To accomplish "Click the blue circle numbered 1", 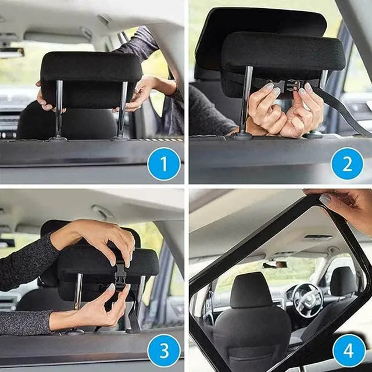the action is tap(164, 164).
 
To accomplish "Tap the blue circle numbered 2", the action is tap(347, 164).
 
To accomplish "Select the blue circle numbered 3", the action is tap(164, 350).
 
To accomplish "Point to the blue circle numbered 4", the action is tap(349, 350).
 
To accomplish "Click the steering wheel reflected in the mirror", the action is tap(307, 300).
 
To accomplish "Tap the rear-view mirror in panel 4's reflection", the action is tap(275, 264).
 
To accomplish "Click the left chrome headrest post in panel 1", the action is tap(59, 110).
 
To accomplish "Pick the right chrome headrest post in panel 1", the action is tap(122, 110).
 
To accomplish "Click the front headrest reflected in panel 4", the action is tap(252, 290).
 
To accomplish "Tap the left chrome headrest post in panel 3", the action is tap(78, 292).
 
